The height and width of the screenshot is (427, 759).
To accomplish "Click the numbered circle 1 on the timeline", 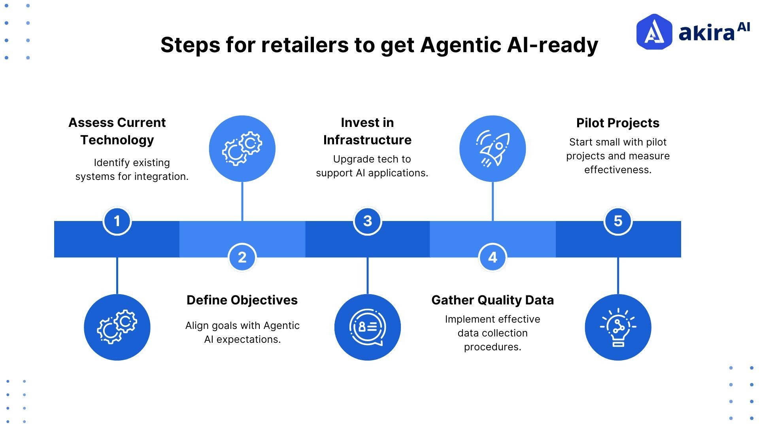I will tap(117, 221).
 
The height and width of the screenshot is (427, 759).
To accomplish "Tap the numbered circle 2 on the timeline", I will tap(242, 257).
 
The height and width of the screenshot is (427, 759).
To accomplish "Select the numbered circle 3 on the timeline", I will tap(367, 221).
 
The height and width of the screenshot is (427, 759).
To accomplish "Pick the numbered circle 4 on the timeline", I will tap(493, 257).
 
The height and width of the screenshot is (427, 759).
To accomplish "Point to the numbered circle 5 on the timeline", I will tap(618, 221).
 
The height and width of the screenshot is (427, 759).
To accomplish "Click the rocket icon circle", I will tap(493, 149).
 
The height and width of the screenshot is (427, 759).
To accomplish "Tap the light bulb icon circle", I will tap(618, 327).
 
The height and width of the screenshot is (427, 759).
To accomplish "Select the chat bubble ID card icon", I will tap(367, 327).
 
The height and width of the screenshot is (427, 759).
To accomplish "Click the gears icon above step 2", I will tap(242, 149).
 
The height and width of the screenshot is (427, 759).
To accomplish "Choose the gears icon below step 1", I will tap(117, 327).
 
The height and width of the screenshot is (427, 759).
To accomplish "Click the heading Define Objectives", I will tap(242, 300).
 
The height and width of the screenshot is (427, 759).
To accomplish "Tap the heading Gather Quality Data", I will tap(493, 300).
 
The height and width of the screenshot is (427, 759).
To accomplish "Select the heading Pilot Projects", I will tap(617, 123).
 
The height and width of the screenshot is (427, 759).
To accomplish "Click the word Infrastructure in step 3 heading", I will tap(367, 140).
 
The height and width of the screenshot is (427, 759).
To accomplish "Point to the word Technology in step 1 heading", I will tap(117, 140).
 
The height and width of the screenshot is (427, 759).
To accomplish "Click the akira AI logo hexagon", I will tap(654, 32).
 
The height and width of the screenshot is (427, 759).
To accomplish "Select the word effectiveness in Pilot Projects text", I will tap(617, 170).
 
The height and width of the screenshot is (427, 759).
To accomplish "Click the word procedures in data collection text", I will tap(492, 347).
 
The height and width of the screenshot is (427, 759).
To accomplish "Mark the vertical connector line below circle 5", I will tap(618, 276).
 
